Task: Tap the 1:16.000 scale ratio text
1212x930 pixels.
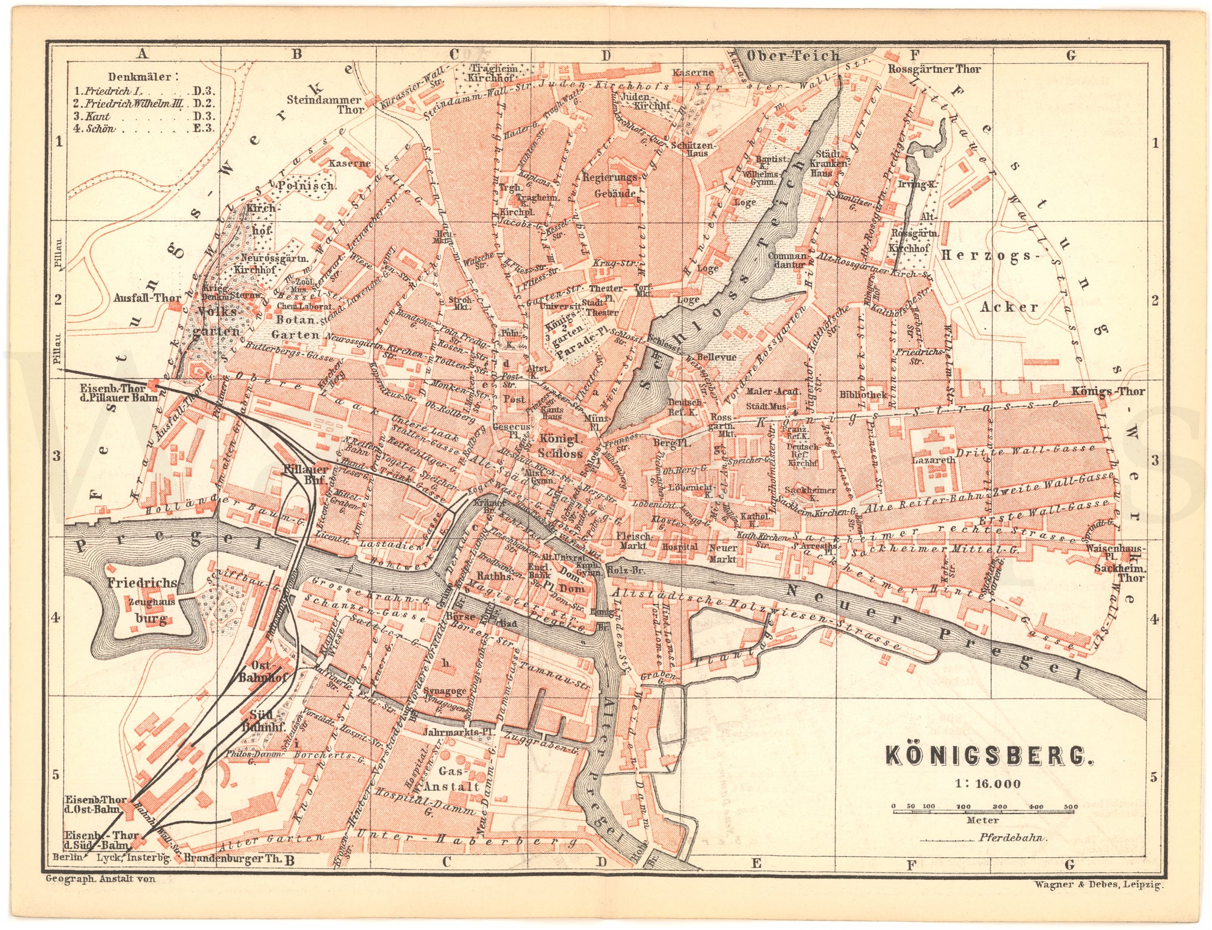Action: (x=987, y=784)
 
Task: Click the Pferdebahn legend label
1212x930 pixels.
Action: (x=1013, y=838)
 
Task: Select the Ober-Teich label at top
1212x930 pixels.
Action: (x=793, y=56)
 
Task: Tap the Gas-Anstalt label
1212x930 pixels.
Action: (x=459, y=779)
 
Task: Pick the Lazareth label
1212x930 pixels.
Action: (x=933, y=460)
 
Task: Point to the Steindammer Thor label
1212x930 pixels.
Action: (x=325, y=104)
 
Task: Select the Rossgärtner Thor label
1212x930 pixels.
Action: (x=934, y=69)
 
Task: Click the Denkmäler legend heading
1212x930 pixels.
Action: (x=140, y=77)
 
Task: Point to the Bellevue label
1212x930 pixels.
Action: (x=716, y=357)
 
